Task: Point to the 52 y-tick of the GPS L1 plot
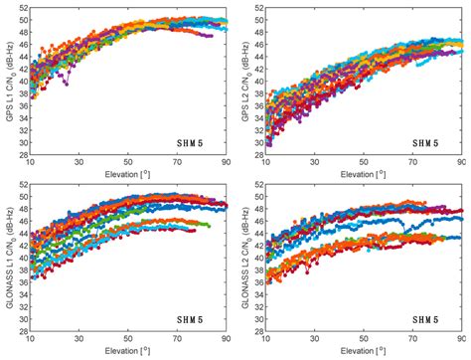pos(22,8)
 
